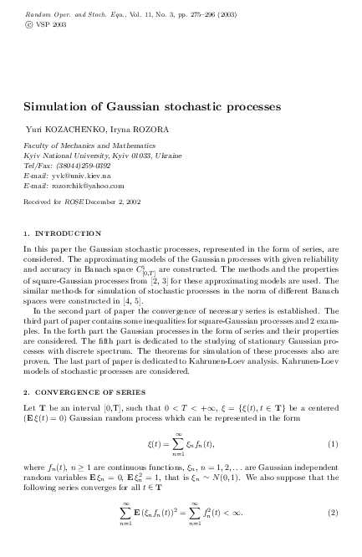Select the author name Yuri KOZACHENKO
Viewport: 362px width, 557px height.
tap(57, 131)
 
